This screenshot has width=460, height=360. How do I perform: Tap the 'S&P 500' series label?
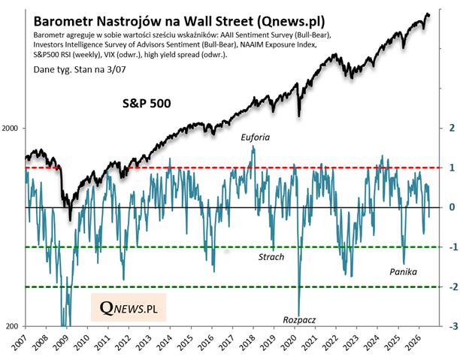147,104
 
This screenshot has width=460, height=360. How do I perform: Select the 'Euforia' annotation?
256,138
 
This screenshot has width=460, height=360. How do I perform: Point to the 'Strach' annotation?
271,257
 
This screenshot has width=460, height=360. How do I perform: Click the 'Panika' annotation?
403,272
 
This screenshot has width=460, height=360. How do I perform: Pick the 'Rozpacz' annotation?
299,320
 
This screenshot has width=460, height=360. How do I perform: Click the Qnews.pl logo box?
129,307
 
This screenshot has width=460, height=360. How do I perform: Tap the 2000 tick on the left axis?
10,129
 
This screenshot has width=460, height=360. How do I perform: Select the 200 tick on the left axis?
12,326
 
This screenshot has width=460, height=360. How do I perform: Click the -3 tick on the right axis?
453,326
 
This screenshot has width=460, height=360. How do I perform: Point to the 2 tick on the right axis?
452,128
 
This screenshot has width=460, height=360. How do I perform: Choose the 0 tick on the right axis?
452,207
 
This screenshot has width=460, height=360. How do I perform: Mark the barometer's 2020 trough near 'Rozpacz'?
299,315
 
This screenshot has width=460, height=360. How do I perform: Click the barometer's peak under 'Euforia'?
253,146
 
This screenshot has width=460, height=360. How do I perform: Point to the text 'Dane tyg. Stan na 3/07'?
80,70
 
